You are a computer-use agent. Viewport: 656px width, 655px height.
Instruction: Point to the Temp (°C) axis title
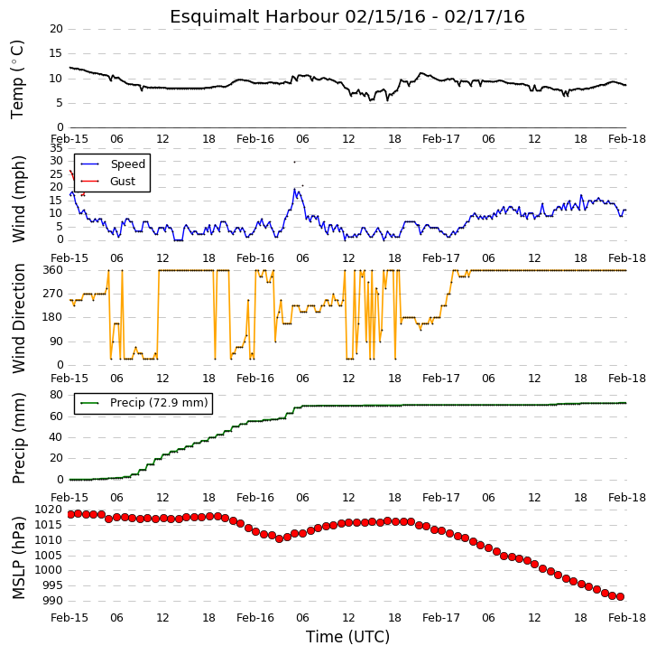click(17, 80)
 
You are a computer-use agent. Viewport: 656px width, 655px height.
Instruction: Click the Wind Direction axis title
click(18, 318)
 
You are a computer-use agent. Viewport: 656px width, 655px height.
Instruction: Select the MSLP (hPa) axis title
click(18, 558)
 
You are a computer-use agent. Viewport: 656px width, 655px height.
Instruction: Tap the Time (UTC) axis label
click(347, 637)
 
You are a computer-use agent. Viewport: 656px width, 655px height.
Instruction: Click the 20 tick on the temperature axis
click(56, 29)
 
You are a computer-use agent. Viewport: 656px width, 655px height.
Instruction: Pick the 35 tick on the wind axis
click(56, 148)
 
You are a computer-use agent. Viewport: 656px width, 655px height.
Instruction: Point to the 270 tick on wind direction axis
click(52, 294)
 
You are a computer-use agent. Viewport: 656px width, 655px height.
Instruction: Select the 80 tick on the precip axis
click(56, 395)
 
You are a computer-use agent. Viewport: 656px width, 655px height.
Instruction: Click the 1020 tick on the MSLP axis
click(49, 510)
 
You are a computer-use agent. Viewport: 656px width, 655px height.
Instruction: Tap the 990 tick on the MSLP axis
click(52, 601)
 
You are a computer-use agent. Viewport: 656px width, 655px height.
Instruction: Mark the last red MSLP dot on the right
click(620, 597)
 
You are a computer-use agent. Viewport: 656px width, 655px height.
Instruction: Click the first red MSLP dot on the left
click(70, 514)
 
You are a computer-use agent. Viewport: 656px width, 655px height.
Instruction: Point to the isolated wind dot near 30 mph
click(294, 162)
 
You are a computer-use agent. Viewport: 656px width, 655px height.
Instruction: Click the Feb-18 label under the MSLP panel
click(627, 618)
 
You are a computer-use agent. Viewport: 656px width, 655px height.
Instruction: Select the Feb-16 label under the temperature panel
click(255, 139)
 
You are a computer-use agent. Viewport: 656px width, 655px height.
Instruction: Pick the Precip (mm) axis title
click(18, 438)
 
